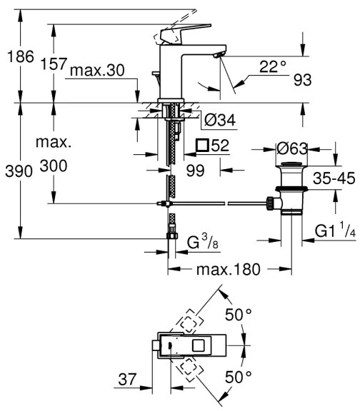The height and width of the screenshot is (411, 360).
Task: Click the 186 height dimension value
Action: coord(18,58)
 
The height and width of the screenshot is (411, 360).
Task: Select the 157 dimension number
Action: coord(54,64)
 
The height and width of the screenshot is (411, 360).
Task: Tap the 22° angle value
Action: coord(272,66)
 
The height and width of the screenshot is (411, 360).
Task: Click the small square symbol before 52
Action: coord(202,146)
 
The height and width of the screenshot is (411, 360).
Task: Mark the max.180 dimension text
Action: coord(228,270)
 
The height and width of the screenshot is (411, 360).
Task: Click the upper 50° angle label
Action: coord(239,315)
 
